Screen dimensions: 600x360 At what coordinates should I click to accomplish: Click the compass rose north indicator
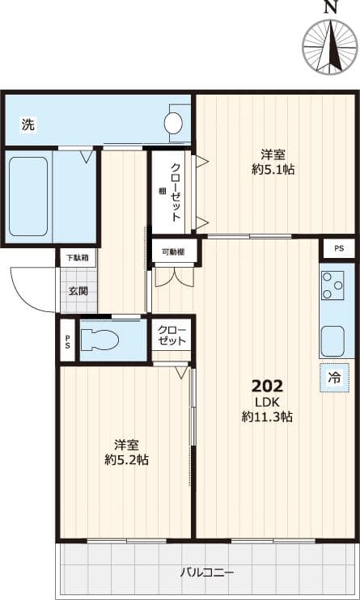tap(330, 47)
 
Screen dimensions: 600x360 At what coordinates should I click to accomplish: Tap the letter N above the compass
tap(330, 8)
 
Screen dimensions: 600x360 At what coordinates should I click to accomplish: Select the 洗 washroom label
tap(28, 125)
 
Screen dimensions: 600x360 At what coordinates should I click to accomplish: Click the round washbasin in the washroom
tap(174, 123)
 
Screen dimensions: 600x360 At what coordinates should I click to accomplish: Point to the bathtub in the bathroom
tap(28, 196)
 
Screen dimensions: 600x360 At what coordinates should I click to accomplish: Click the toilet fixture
tap(101, 338)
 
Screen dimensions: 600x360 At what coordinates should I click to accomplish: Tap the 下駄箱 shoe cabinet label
tap(78, 258)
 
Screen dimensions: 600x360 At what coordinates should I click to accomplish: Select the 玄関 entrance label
tap(78, 290)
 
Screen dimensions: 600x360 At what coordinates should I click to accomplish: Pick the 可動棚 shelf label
tap(173, 251)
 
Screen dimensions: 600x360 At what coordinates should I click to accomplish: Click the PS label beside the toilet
tap(67, 340)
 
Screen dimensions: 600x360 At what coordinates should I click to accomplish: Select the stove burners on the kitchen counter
tap(332, 285)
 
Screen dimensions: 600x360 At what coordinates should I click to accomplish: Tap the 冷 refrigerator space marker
tap(334, 378)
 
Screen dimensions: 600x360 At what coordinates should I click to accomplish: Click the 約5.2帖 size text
tap(126, 459)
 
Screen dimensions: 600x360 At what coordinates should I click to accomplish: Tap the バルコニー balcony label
tap(203, 573)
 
